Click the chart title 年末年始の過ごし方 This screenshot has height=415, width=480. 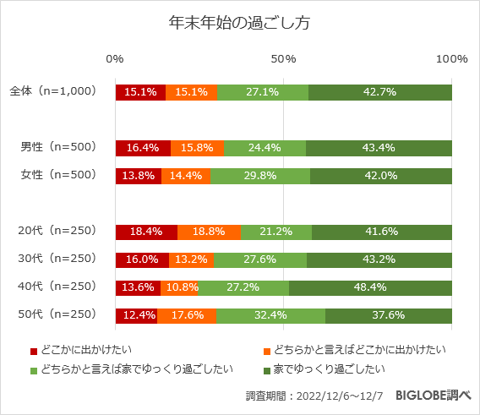coord(239,23)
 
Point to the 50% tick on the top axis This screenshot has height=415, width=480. coord(283,59)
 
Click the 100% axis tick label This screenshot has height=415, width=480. coord(452,59)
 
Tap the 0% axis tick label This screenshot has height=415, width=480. coord(116,59)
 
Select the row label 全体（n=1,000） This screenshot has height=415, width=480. coord(52,91)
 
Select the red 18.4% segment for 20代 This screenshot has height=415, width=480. coord(146,232)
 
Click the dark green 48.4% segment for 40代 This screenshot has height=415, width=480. coord(370,287)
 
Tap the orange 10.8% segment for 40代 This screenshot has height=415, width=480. coord(179,287)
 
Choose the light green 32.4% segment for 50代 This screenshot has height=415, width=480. coord(270,315)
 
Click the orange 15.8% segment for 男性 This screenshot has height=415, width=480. coord(197,148)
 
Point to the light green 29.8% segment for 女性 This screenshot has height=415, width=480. coord(260,176)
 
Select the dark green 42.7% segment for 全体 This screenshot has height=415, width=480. coord(379,92)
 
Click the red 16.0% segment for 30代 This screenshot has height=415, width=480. coord(142,259)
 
